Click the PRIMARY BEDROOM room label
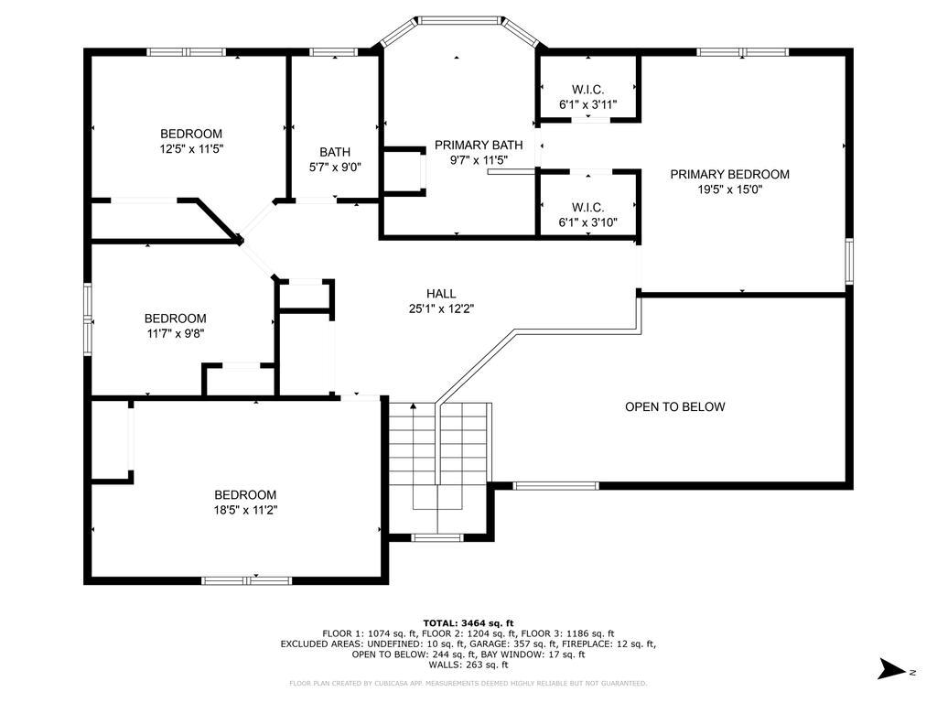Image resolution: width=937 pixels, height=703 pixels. pos(729,175)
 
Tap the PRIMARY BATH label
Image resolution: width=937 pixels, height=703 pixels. pos(479,146)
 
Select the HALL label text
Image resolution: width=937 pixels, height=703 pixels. pos(441,294)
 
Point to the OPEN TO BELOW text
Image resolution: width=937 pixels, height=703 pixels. pos(674,407)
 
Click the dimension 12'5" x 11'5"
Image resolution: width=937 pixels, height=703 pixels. pos(191,149)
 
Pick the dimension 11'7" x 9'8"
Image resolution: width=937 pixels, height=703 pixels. pos(176,333)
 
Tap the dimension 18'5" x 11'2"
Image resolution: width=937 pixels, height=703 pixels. pos(245,510)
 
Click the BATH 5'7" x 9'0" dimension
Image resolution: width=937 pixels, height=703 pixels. pos(335,168)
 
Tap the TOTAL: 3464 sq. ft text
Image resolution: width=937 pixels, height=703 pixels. pos(468,622)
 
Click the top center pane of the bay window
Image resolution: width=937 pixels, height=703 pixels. pos(459,20)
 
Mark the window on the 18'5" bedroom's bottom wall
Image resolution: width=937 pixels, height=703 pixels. pos(246,580)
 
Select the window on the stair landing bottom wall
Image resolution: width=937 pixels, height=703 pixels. pos(437,538)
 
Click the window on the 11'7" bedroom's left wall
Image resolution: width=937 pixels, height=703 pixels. pos(87,319)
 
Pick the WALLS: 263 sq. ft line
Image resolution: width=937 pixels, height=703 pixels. pos(468,665)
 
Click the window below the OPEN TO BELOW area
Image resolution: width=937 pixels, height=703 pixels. pos(555,486)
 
